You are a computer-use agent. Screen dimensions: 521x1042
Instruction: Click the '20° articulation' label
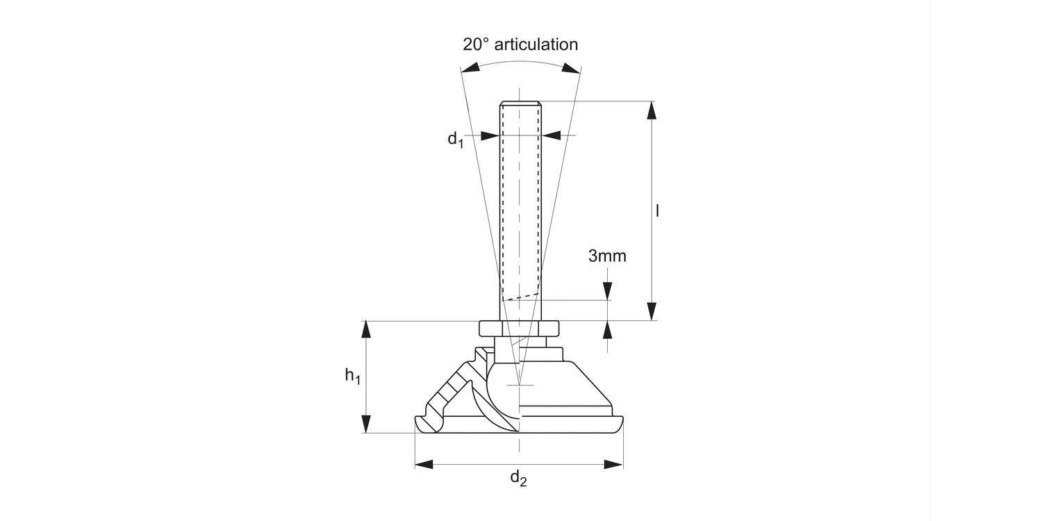tap(520, 44)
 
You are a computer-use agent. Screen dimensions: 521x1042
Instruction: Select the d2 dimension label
tap(518, 478)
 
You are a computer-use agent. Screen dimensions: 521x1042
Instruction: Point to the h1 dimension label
tap(353, 377)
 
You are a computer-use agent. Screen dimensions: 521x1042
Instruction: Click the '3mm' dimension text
tap(607, 256)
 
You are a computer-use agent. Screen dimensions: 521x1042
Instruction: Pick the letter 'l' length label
tap(657, 210)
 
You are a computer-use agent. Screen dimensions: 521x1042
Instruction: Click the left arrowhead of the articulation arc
tap(470, 67)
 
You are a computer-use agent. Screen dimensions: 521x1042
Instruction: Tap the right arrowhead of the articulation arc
tap(570, 67)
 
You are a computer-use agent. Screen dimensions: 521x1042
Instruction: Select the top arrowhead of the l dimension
tap(652, 110)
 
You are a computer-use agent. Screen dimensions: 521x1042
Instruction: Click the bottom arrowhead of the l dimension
tap(652, 311)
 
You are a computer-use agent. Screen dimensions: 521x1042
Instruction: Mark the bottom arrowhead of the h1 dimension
tap(367, 424)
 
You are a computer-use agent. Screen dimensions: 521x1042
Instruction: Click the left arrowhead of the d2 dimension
tap(424, 464)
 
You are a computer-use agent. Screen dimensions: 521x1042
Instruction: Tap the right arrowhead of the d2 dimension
tap(613, 464)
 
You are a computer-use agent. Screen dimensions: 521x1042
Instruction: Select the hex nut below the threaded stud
tap(519, 327)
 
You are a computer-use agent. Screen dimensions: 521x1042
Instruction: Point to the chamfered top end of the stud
tap(520, 104)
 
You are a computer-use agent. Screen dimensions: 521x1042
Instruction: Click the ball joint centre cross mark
tap(519, 385)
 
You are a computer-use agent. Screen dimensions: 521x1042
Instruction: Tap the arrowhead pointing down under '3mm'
tap(608, 292)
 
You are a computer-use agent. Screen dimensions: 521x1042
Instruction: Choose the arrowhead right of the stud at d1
tap(552, 135)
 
